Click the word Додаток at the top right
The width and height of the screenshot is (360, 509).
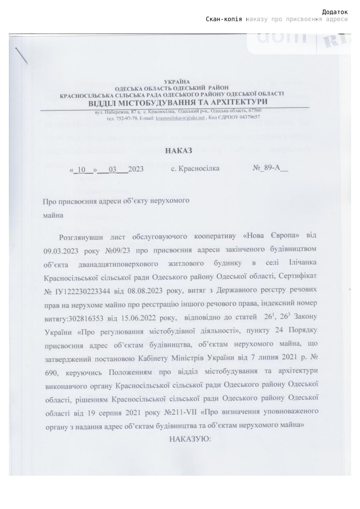point(335,12)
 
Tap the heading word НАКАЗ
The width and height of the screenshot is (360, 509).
point(179,151)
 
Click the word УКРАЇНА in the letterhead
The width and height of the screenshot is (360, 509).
point(177,82)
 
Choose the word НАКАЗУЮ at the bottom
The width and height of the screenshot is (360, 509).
point(190,439)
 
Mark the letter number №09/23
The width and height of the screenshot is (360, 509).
point(117,250)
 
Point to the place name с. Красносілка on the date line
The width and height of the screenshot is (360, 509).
point(195,169)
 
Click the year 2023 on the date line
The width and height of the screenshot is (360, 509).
point(136,169)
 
